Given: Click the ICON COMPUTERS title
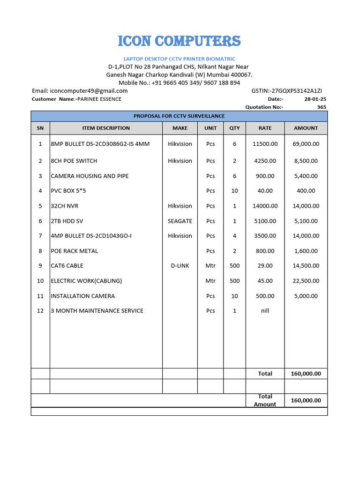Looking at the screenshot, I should coord(179,41).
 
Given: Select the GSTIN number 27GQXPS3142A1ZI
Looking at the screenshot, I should coord(287,91).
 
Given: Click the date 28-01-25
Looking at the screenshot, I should coord(315,99).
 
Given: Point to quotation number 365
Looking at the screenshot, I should coord(322,107).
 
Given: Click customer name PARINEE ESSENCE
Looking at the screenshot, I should coord(99,99).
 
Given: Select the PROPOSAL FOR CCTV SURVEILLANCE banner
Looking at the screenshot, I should coord(179,116).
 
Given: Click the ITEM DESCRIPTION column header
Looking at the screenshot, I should coord(106,128).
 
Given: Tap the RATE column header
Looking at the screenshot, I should coord(265,128).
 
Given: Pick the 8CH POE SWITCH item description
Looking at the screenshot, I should coord(74,161).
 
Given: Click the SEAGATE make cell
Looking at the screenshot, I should coord(180,221).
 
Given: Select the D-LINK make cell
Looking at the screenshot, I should coord(180,266).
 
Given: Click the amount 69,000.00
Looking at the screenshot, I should coord(306,144).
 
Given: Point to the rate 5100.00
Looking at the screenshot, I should coord(265,221).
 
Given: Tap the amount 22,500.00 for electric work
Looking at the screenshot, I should coord(306,281).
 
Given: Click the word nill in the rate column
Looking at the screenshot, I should coord(265,311).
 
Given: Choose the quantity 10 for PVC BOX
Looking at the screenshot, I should coord(234,191).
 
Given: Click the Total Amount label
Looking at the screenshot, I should coord(265,400).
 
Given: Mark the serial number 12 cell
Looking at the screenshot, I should coord(40,311).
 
